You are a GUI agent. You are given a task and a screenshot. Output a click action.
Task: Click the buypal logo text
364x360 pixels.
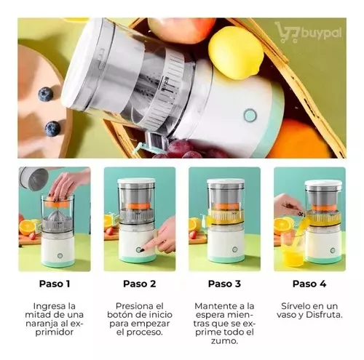click(x=321, y=33)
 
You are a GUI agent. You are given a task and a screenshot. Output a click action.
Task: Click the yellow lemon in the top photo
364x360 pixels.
click(x=236, y=53)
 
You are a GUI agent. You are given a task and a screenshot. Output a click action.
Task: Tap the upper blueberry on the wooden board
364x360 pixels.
click(x=45, y=95)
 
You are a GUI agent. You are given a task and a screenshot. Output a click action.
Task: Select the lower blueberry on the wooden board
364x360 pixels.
click(x=52, y=129)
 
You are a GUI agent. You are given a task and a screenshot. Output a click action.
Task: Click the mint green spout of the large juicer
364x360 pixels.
click(x=144, y=147)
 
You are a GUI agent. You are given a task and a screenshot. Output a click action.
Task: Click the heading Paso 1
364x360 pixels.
click(x=55, y=284)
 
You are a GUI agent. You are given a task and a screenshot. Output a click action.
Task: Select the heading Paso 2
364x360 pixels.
click(x=140, y=284)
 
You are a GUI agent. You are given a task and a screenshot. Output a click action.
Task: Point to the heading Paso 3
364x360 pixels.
click(x=224, y=284)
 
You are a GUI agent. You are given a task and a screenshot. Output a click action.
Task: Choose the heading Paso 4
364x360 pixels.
click(x=309, y=284)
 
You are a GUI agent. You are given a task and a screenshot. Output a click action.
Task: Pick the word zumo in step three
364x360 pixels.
click(x=224, y=341)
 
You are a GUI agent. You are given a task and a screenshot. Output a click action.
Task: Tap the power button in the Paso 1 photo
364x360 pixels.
click(x=60, y=255)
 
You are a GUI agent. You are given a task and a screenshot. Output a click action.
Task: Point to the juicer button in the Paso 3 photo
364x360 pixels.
click(x=234, y=249)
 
